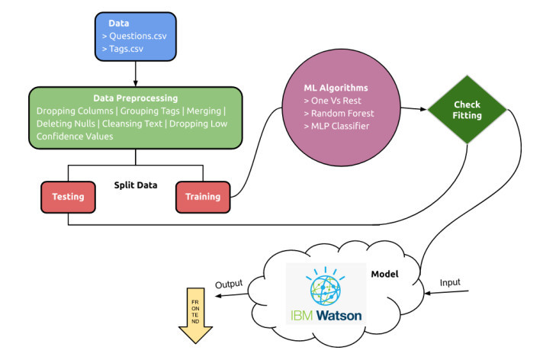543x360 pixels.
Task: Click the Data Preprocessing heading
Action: [135, 98]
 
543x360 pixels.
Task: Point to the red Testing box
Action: [67, 197]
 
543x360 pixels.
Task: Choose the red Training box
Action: [202, 197]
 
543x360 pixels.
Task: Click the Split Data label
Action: [135, 185]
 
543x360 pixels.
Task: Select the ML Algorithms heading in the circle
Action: [336, 86]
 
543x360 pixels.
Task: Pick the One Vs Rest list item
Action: [333, 100]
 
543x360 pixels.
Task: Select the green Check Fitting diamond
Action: [467, 110]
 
